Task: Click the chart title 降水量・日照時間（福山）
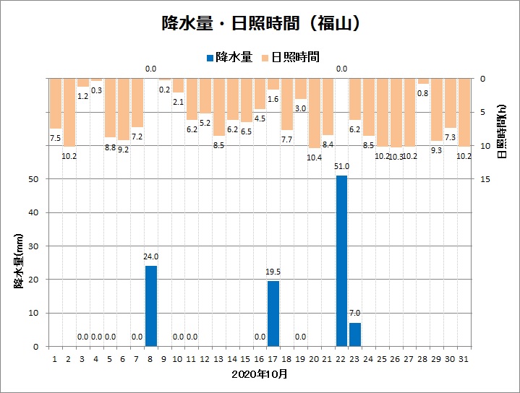[260, 23]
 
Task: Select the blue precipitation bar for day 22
[341, 261]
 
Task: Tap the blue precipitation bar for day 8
[151, 306]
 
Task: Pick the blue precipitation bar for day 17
[273, 314]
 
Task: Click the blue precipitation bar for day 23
[355, 334]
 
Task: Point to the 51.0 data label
[341, 167]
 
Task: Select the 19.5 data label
[273, 272]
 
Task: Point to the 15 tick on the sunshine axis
[484, 179]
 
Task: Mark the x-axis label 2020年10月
[260, 374]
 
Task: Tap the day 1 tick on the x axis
[56, 358]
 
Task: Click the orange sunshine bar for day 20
[314, 113]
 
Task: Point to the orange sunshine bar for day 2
[69, 112]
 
